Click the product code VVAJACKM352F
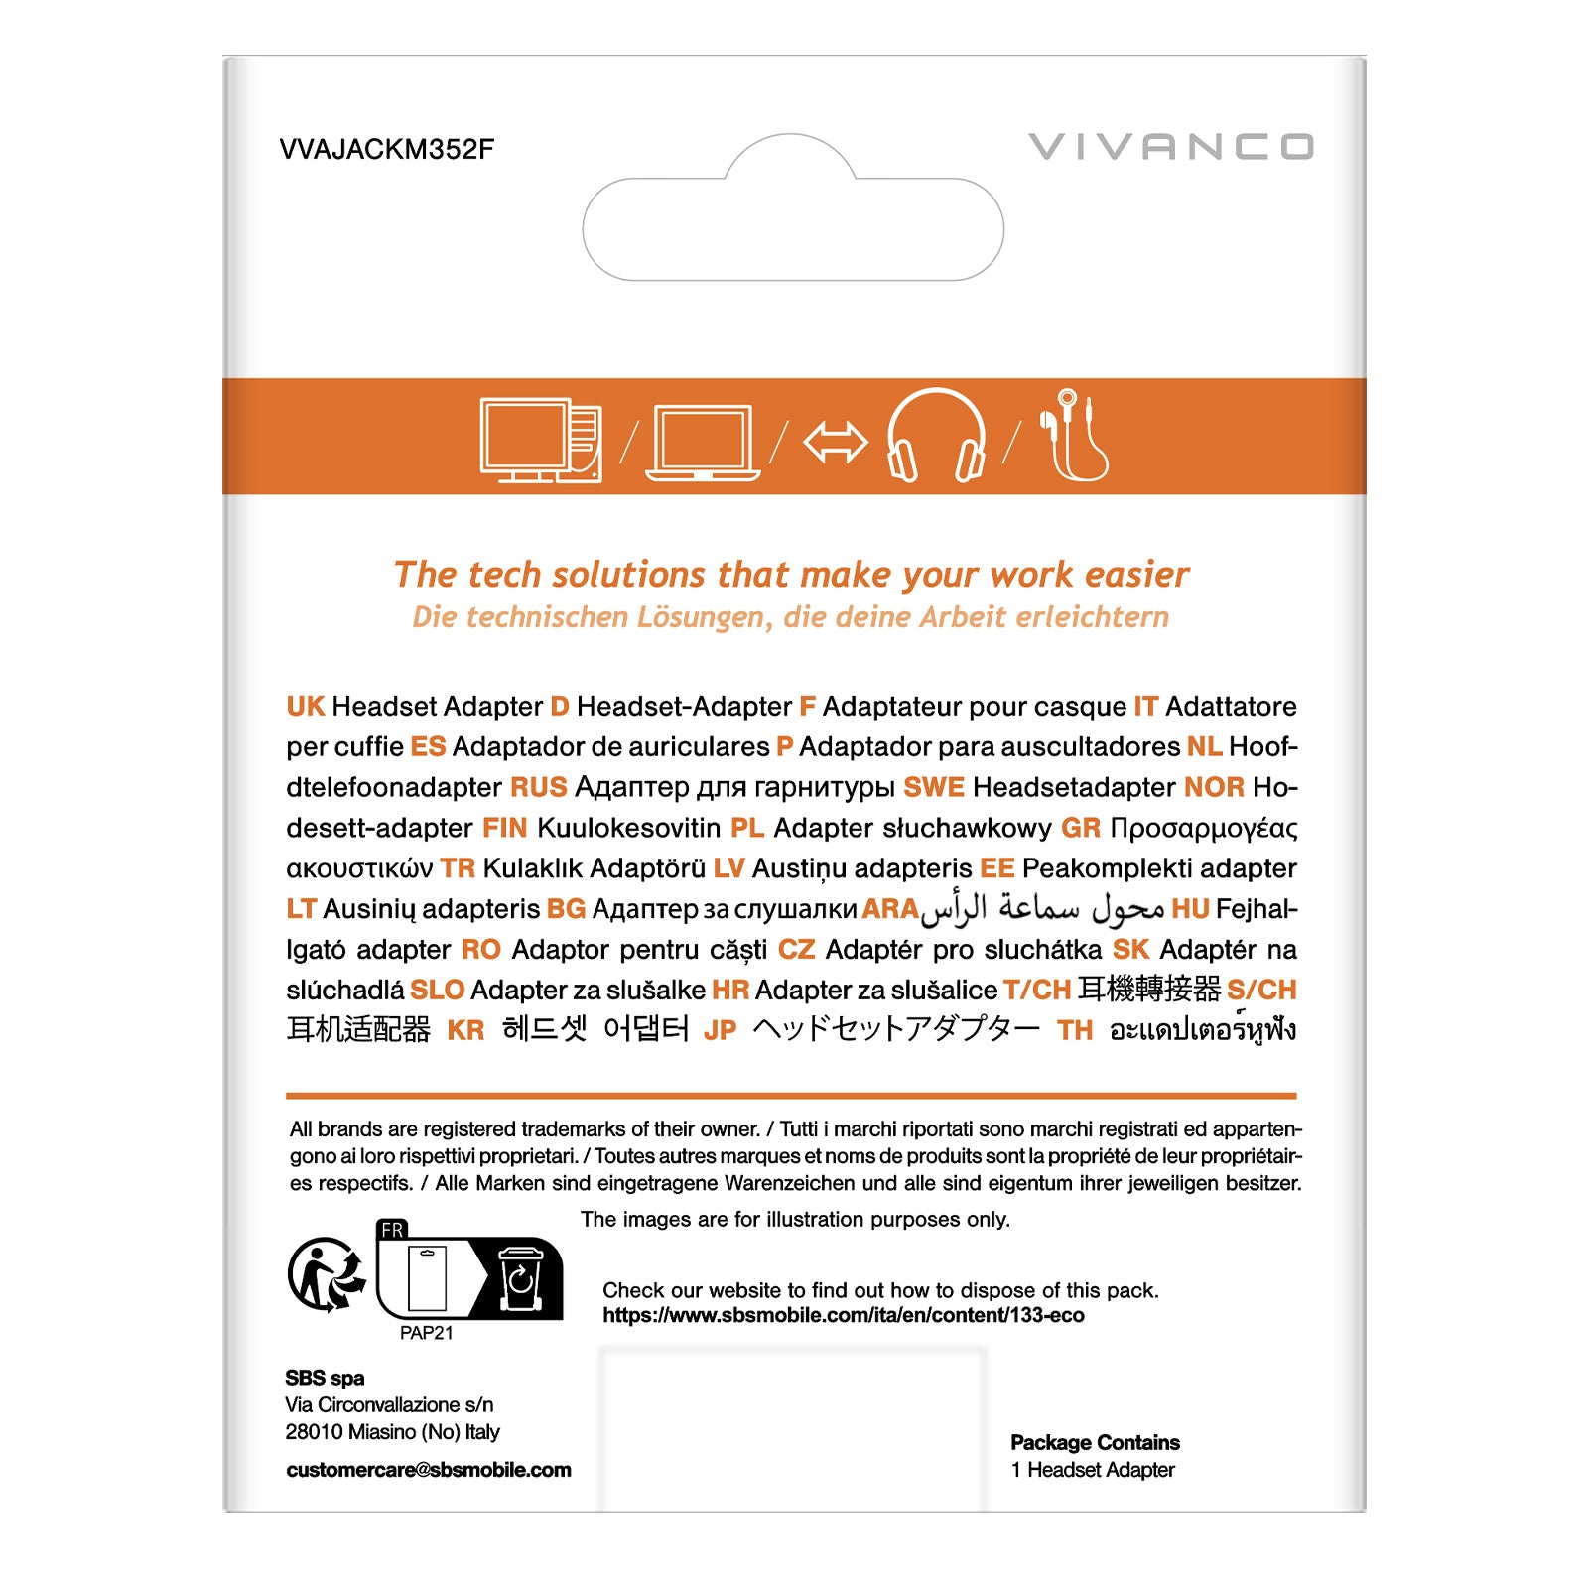click(x=386, y=149)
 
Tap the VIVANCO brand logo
click(x=1171, y=147)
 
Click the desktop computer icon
click(x=541, y=440)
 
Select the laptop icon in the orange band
click(x=703, y=444)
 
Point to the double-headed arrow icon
click(x=835, y=442)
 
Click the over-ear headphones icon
click(x=936, y=437)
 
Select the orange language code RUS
click(x=538, y=787)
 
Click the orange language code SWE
click(x=933, y=787)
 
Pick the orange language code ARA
click(x=890, y=909)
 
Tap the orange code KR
click(x=465, y=1030)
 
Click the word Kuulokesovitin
click(x=628, y=828)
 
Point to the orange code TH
click(x=1074, y=1030)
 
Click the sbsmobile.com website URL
click(x=843, y=1315)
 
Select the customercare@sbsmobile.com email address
click(x=428, y=1470)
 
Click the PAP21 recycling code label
click(x=426, y=1333)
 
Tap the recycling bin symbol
click(x=520, y=1278)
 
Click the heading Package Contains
click(x=1095, y=1442)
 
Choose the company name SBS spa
click(x=325, y=1378)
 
